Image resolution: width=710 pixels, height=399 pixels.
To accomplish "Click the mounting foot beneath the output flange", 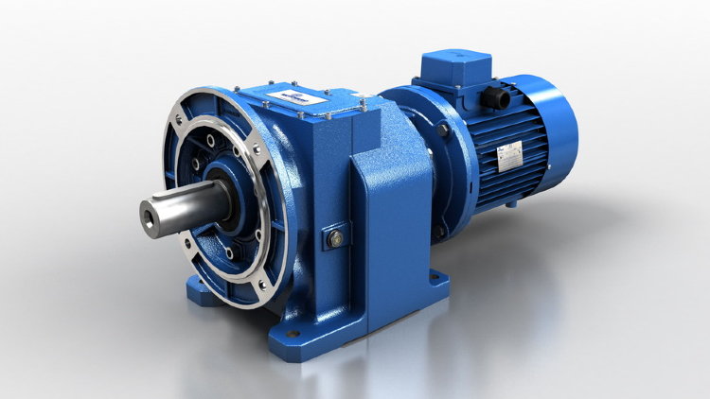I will pyautogui.click(x=204, y=288).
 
